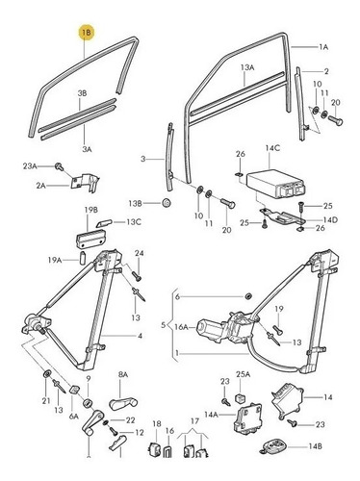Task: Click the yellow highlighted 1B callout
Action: tap(87, 32)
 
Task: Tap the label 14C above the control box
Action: tap(272, 148)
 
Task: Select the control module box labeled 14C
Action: tap(275, 183)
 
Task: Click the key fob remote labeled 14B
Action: tap(273, 446)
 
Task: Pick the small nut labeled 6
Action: tap(247, 296)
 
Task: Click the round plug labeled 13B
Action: tap(167, 203)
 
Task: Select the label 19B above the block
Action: tap(90, 210)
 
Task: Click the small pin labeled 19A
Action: tap(82, 258)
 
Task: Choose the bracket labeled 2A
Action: tap(86, 183)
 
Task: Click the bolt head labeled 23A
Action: tap(60, 166)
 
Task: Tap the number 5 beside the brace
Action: tap(164, 325)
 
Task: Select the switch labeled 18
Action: tap(154, 449)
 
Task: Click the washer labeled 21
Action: tap(47, 374)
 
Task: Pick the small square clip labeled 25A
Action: tap(241, 398)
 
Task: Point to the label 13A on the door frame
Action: tap(247, 67)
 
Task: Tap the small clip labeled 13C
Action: tap(104, 223)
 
